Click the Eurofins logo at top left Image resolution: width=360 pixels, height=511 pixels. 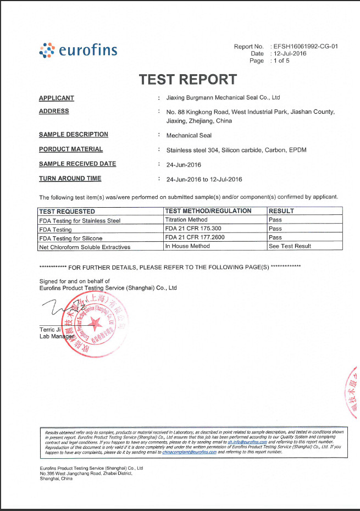pyautogui.click(x=78, y=51)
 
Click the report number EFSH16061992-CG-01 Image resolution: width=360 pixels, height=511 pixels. pyautogui.click(x=305, y=47)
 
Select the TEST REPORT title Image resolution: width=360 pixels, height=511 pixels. pyautogui.click(x=188, y=79)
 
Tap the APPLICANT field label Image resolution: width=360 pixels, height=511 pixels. pyautogui.click(x=57, y=98)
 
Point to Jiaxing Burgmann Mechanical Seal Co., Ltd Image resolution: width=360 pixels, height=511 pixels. pyautogui.click(x=223, y=98)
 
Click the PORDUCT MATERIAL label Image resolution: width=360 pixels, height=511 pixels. pyautogui.click(x=71, y=149)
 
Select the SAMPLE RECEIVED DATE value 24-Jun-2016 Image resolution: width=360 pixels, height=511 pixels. pyautogui.click(x=184, y=165)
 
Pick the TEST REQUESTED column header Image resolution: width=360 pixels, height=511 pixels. pyautogui.click(x=67, y=211)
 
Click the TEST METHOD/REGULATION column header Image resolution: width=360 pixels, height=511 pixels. pyautogui.click(x=208, y=211)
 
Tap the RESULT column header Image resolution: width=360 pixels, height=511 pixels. pyautogui.click(x=281, y=211)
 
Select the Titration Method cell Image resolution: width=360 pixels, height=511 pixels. pyautogui.click(x=186, y=220)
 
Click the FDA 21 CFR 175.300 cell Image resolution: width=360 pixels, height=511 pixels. pyautogui.click(x=192, y=229)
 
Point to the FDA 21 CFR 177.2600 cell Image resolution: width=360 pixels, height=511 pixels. pyautogui.click(x=194, y=237)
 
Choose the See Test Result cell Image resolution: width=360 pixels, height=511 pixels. pyautogui.click(x=290, y=246)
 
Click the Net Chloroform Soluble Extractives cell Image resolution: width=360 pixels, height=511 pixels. pyautogui.click(x=85, y=247)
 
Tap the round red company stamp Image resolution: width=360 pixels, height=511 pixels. pyautogui.click(x=95, y=324)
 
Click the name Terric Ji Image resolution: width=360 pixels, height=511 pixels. pyautogui.click(x=49, y=329)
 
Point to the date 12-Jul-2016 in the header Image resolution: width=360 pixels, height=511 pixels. pyautogui.click(x=291, y=54)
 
